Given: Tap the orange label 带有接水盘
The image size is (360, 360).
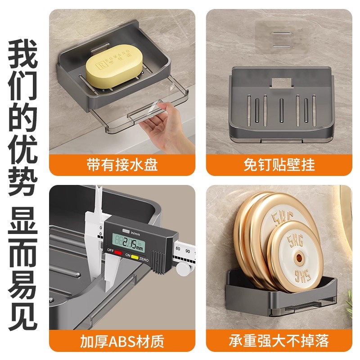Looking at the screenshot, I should pos(122,165).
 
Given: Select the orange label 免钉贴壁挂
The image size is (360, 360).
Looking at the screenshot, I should pos(279,165).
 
